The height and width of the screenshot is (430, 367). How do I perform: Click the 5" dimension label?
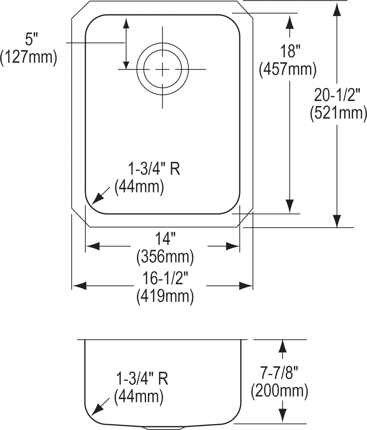[30, 40]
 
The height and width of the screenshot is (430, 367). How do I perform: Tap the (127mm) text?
[29, 58]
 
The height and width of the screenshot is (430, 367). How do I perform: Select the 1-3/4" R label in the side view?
[142, 379]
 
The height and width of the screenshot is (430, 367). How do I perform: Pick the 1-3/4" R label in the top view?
[154, 170]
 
